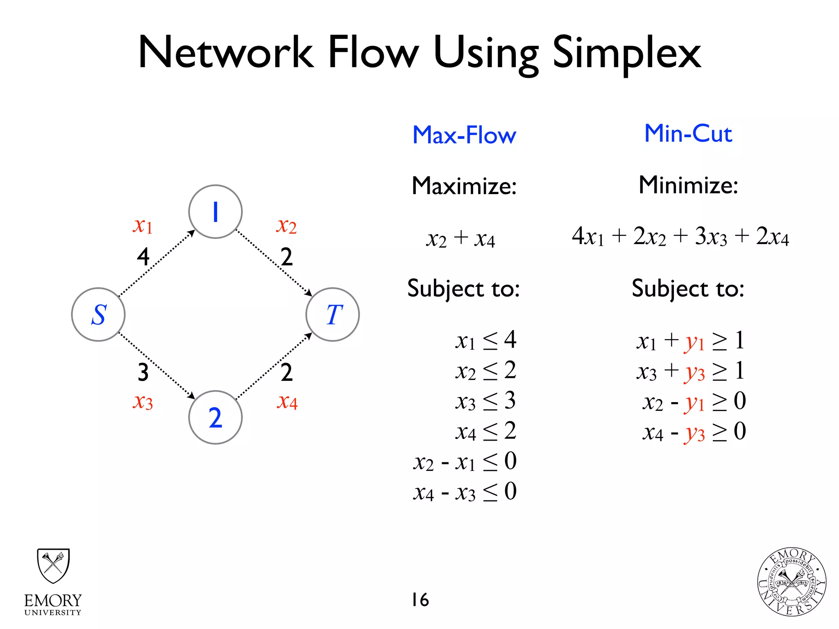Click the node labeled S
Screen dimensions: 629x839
pyautogui.click(x=98, y=314)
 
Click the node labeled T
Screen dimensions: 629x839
pyautogui.click(x=333, y=314)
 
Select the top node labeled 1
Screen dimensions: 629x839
pyautogui.click(x=215, y=212)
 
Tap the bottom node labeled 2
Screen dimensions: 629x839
pyautogui.click(x=215, y=417)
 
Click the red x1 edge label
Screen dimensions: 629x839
pyautogui.click(x=143, y=225)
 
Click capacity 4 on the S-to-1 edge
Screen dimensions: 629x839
pyautogui.click(x=143, y=257)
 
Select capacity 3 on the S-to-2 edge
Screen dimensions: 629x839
pyautogui.click(x=143, y=372)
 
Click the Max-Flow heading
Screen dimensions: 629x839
pyautogui.click(x=464, y=135)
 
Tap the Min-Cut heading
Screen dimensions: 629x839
pyautogui.click(x=688, y=133)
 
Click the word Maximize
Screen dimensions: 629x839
pyautogui.click(x=464, y=186)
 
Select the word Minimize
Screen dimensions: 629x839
pyautogui.click(x=688, y=185)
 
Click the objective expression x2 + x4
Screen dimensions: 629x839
pyautogui.click(x=460, y=238)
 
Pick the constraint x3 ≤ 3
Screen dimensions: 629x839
pyautogui.click(x=485, y=401)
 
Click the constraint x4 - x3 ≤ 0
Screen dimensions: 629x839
pyautogui.click(x=465, y=491)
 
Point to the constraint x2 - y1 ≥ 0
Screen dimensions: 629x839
pyautogui.click(x=694, y=401)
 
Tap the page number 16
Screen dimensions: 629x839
pyautogui.click(x=420, y=600)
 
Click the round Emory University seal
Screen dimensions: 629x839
pyautogui.click(x=791, y=582)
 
